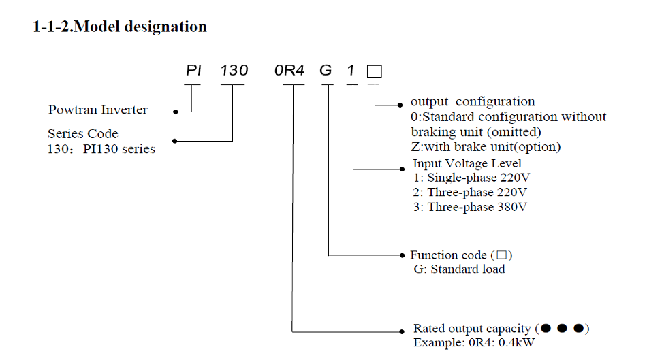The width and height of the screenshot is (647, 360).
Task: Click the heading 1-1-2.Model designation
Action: (120, 27)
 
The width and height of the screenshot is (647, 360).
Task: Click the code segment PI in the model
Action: (194, 71)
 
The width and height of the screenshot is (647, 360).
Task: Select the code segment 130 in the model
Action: (234, 71)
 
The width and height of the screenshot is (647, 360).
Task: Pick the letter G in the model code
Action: (327, 71)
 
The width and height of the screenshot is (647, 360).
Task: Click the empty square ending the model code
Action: (375, 71)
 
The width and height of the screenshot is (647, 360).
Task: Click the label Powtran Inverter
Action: (98, 110)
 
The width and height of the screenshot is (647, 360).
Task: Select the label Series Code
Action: (82, 134)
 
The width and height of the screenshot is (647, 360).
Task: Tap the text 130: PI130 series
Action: (101, 148)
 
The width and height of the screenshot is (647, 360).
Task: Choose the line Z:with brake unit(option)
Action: (486, 146)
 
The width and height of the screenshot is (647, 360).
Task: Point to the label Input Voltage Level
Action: (467, 163)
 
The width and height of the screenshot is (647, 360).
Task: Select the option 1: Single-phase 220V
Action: (471, 178)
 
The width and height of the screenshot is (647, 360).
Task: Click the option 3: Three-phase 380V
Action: (470, 207)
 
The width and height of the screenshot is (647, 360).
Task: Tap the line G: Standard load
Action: (459, 269)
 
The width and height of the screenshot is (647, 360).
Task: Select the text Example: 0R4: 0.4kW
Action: (474, 342)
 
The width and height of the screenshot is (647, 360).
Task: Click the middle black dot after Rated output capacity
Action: (563, 329)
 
